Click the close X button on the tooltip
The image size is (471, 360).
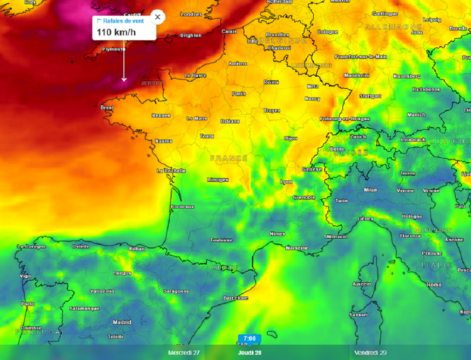pos(157,17)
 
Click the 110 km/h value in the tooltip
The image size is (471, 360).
pos(116,33)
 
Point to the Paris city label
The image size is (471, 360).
pos(239,94)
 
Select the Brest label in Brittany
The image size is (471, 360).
pos(107,108)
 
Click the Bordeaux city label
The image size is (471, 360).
pos(182,207)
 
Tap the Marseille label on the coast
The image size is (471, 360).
pos(297,248)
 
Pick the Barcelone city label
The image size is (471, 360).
pos(235,298)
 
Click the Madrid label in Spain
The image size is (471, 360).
pos(122,322)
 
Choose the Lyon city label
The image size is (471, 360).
pos(287,182)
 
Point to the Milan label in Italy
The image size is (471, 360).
pos(370,190)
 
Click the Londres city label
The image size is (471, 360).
pos(191,14)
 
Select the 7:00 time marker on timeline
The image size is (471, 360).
pos(249,338)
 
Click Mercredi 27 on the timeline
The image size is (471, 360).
pos(184,353)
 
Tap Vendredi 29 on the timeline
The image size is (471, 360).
pos(370,353)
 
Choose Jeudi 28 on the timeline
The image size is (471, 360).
pos(249,353)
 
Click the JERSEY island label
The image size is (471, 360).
pos(152,83)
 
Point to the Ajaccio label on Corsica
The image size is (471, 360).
pos(362,284)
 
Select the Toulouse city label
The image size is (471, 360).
pos(221,240)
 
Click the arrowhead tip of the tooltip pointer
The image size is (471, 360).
pos(124,81)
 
